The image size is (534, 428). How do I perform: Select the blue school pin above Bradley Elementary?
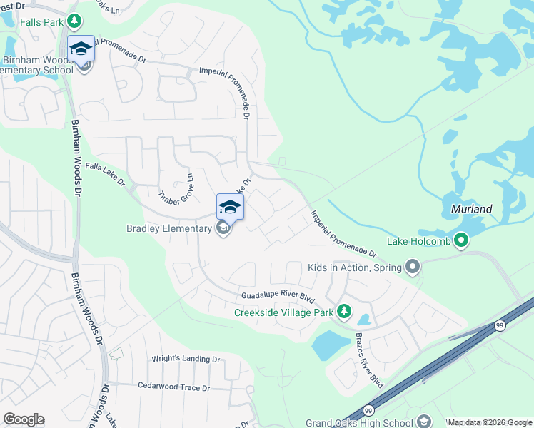coord(230,207)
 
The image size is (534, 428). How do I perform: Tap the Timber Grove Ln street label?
coord(176,189)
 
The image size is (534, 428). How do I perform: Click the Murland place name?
coord(472,209)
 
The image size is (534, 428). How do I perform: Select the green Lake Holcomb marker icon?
coord(461,241)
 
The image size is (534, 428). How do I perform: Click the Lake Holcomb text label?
coord(420,241)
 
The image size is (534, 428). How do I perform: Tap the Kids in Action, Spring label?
coord(353,267)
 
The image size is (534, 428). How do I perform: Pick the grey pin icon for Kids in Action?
coord(413,267)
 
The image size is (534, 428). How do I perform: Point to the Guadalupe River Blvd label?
coord(278,295)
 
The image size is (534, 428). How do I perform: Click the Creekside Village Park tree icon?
coord(345,312)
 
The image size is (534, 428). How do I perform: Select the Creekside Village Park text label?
coord(284,312)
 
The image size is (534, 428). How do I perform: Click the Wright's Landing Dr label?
coord(185,359)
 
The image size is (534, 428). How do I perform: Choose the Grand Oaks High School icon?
coord(425,422)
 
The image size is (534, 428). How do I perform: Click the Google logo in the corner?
coord(24,419)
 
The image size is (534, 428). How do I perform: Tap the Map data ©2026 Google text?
coord(490,423)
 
